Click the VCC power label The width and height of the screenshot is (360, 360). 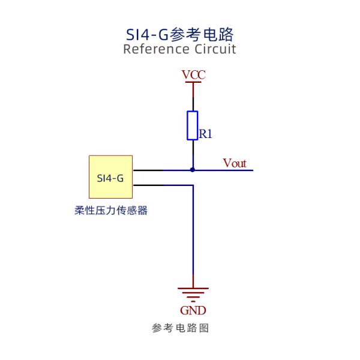[193, 75]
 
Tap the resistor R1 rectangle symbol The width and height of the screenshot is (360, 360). [193, 125]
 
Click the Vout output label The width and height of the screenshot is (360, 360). [235, 163]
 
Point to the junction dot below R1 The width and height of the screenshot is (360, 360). [193, 170]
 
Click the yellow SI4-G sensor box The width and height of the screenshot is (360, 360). [111, 177]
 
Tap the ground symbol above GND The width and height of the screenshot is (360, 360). [193, 293]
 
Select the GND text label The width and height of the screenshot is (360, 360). [193, 310]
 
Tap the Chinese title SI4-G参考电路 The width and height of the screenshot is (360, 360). [179, 34]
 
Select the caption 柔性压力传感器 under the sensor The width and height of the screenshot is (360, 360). [111, 211]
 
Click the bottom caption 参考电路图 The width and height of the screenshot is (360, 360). [179, 328]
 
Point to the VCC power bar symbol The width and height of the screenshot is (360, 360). [193, 83]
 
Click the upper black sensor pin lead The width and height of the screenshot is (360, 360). [148, 170]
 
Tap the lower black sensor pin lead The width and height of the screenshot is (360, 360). [148, 185]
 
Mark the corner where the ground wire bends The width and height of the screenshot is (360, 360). [193, 185]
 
